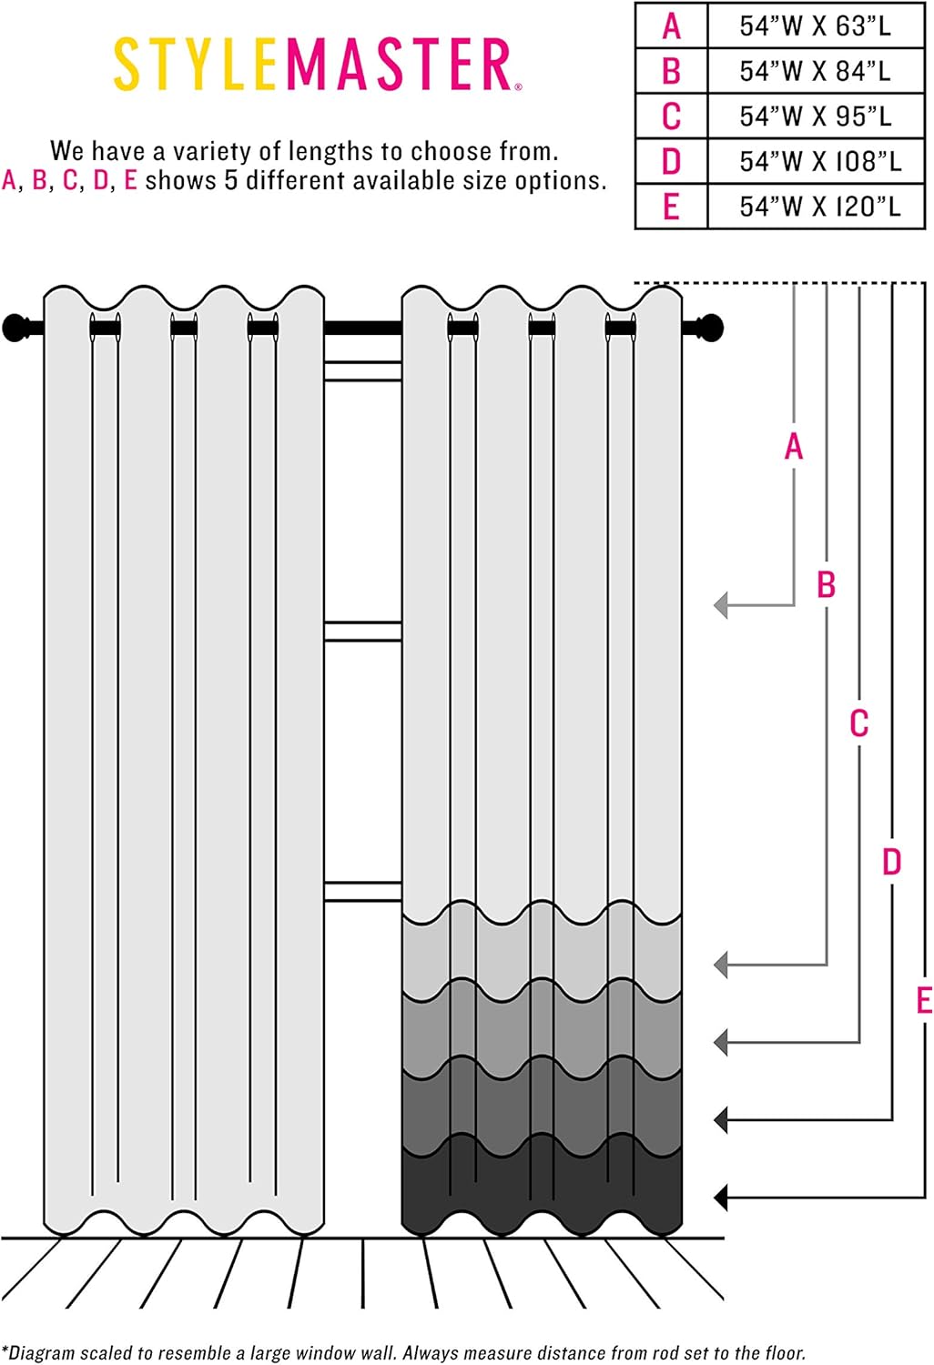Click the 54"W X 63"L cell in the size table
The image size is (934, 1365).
pyautogui.click(x=816, y=25)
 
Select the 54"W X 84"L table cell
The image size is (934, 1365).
pyautogui.click(x=816, y=71)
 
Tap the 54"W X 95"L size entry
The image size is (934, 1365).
pyautogui.click(x=816, y=116)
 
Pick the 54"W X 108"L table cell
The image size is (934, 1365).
pyautogui.click(x=816, y=161)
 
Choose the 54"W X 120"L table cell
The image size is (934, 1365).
pyautogui.click(x=816, y=207)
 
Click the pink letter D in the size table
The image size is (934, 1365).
pyautogui.click(x=671, y=161)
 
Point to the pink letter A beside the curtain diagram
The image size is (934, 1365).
pyautogui.click(x=793, y=447)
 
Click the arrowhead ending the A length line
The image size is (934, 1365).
pyautogui.click(x=721, y=606)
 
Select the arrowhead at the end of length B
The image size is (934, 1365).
pyautogui.click(x=721, y=966)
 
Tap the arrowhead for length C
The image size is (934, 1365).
pyautogui.click(x=721, y=1043)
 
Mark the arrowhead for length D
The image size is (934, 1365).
pyautogui.click(x=721, y=1120)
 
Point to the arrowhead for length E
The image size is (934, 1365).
pyautogui.click(x=721, y=1198)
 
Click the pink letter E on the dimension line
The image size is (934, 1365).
pyautogui.click(x=925, y=1001)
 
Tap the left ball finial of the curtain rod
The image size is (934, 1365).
pyautogui.click(x=15, y=328)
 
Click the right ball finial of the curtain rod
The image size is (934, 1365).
pyautogui.click(x=709, y=328)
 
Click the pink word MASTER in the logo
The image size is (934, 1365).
pyautogui.click(x=400, y=64)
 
